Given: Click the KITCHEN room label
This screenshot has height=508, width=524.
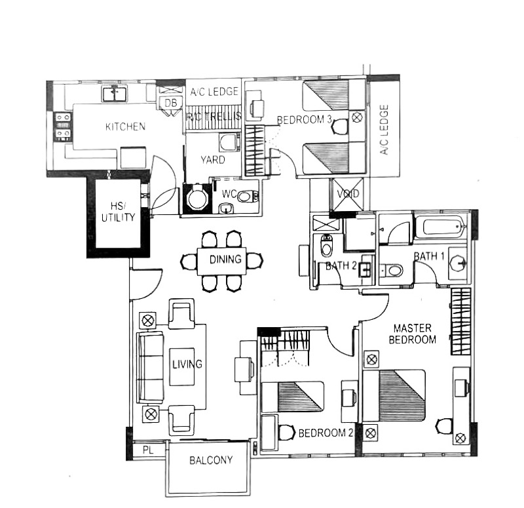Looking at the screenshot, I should [x=125, y=127].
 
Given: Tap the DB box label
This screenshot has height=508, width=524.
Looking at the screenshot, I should [x=171, y=103].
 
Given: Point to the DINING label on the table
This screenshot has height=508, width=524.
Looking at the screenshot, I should [x=225, y=260].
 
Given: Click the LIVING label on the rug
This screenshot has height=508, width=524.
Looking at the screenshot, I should [x=186, y=364].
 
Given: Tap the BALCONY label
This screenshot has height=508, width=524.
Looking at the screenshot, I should [x=211, y=460].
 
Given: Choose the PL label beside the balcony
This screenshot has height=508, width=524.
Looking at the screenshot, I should [x=147, y=450].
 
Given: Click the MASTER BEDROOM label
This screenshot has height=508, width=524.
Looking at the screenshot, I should [x=412, y=333].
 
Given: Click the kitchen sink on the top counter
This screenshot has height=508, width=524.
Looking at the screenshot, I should [x=115, y=94].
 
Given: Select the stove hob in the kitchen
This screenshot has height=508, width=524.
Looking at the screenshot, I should [x=63, y=126].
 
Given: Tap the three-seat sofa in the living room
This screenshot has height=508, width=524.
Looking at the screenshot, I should [x=150, y=367].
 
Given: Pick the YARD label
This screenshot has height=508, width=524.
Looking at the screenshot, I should [x=212, y=160].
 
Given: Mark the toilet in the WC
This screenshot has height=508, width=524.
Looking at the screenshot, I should [x=246, y=195].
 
